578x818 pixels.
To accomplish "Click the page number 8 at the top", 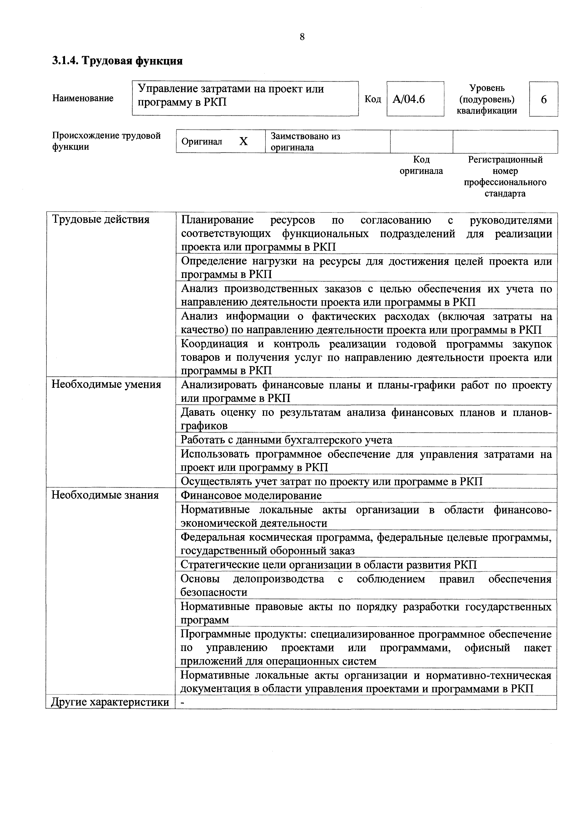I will point(302,37).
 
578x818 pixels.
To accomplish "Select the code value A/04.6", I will point(409,99).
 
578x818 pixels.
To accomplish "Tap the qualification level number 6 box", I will point(544,99).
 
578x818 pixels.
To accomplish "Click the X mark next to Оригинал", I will point(243,142).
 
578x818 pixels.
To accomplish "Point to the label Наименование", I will point(83,98).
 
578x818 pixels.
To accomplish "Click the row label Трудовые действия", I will point(101,219).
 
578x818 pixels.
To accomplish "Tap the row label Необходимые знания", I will point(105,495).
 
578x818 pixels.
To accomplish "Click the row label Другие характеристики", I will point(110,702).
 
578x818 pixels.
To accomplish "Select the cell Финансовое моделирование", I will point(251,496).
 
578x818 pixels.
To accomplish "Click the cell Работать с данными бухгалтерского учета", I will point(286,440).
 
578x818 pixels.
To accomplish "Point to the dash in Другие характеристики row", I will point(183,702).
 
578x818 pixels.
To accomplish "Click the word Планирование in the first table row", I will point(217,220).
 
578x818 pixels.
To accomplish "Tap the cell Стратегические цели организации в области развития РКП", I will point(328,565).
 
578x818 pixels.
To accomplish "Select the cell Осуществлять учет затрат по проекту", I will point(331,482).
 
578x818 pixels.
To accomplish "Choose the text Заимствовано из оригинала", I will point(305,142).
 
